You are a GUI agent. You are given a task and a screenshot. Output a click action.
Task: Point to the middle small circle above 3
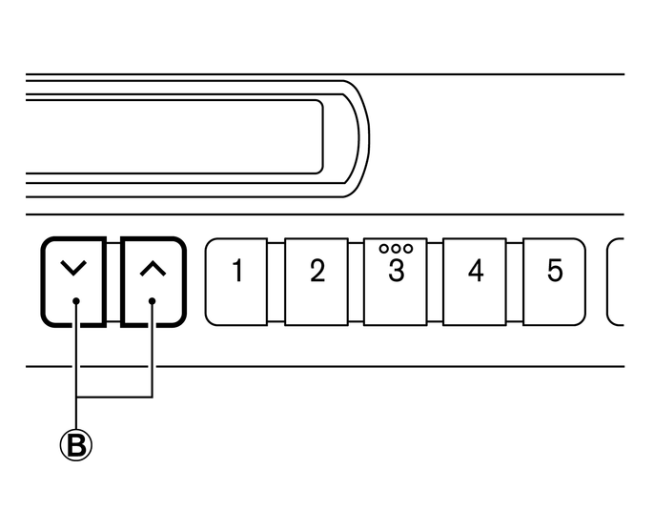tap(396, 248)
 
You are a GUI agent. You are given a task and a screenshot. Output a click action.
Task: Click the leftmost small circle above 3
tap(384, 248)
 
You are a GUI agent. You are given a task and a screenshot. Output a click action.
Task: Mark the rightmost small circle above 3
tap(407, 248)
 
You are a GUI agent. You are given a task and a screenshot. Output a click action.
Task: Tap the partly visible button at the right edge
tap(617, 281)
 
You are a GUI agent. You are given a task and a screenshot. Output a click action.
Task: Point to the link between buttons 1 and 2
tap(276, 281)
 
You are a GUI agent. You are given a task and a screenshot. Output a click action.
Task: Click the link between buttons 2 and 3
tap(356, 281)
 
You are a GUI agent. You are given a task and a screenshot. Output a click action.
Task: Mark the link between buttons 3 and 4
tap(435, 281)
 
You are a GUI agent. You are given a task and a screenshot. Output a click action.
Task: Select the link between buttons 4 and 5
tap(514, 281)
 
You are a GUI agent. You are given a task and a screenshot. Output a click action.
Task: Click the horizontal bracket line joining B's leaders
tap(113, 396)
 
